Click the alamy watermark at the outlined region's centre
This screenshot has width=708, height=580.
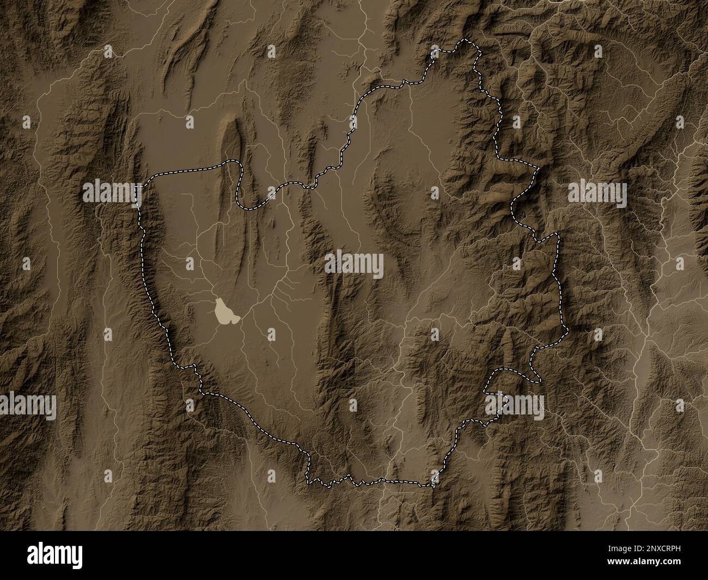[x=354, y=265]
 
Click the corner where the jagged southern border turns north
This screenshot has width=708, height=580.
[x=434, y=481]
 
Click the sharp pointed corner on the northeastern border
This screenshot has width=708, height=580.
[x=537, y=170]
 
